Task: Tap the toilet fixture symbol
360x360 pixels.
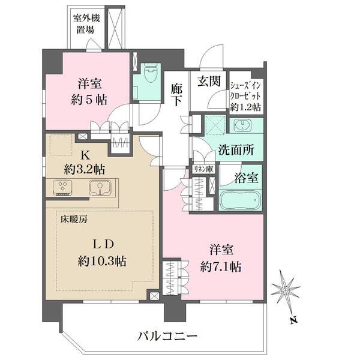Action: point(149,77)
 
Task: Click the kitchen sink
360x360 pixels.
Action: point(98,188)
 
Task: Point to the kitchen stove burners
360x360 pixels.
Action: point(62,188)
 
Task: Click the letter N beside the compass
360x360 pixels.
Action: point(293,320)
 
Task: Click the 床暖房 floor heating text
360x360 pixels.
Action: point(74,219)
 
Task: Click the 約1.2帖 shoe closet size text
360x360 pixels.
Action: point(246,107)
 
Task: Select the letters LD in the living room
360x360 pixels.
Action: point(103,244)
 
